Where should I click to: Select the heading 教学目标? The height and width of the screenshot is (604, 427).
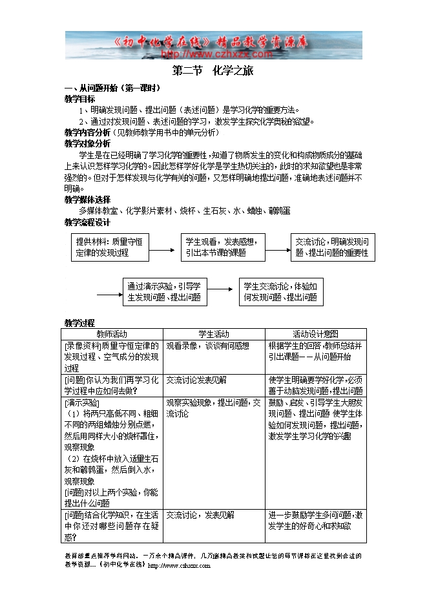click(80, 99)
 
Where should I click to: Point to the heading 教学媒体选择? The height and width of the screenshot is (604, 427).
click(88, 199)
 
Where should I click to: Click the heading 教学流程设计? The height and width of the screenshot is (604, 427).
click(88, 222)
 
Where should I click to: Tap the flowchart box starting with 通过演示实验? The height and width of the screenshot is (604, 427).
click(164, 292)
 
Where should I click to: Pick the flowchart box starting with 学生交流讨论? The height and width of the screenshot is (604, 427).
click(280, 292)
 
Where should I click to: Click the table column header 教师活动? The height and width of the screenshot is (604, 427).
click(112, 334)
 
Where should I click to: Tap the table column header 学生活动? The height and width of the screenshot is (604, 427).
click(214, 334)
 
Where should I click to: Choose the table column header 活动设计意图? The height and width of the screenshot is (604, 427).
click(315, 334)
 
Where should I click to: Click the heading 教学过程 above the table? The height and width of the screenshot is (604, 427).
click(80, 323)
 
